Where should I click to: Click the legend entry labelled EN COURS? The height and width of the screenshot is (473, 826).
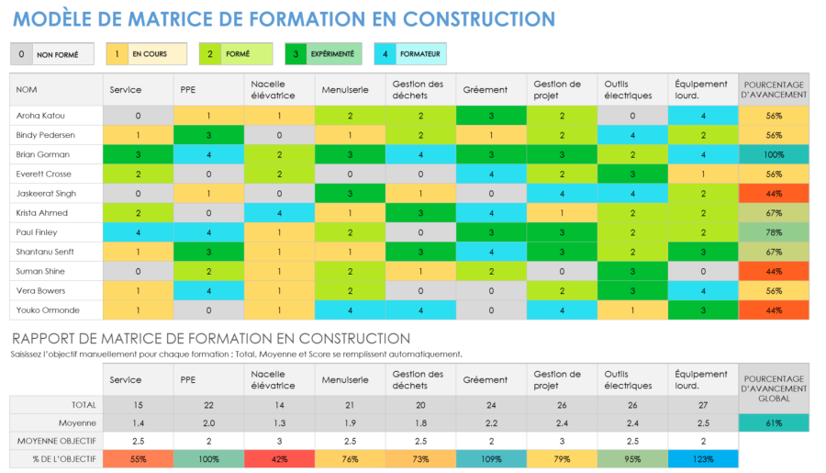148,54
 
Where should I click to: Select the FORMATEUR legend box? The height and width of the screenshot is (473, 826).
411,54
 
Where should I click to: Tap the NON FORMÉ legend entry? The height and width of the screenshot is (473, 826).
56,55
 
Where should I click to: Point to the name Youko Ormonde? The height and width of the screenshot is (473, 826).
44,310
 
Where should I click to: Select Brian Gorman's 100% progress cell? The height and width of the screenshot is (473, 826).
774,154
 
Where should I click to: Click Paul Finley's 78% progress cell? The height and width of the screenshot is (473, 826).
774,232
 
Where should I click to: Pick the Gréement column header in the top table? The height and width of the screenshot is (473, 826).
484,89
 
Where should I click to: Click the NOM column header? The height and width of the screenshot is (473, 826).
28,89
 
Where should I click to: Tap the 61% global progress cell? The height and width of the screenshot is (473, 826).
774,422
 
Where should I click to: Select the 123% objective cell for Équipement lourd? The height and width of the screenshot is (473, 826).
703,459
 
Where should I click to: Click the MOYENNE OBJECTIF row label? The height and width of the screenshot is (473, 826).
64,442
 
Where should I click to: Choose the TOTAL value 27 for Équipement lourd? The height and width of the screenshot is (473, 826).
703,404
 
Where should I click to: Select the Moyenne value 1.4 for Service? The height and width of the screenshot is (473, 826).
139,422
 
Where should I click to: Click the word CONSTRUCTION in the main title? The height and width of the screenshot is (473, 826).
478,19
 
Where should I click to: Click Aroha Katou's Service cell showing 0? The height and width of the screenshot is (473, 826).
139,116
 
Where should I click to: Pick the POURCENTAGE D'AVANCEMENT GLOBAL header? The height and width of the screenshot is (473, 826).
774,385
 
